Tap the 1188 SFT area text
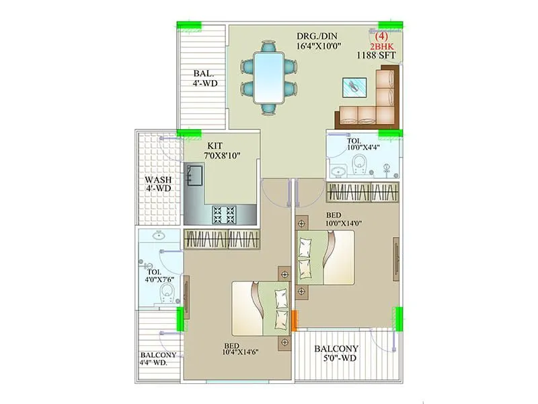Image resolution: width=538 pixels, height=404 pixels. pos(375,57)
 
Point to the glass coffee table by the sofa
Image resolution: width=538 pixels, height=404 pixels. pos(354,86)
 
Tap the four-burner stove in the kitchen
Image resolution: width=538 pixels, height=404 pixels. pos(224,214)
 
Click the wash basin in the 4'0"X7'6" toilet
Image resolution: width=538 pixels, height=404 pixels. pos(159,236)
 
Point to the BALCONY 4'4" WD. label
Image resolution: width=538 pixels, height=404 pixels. pos(159,360)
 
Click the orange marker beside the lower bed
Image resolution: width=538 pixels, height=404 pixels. pos(294,320)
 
